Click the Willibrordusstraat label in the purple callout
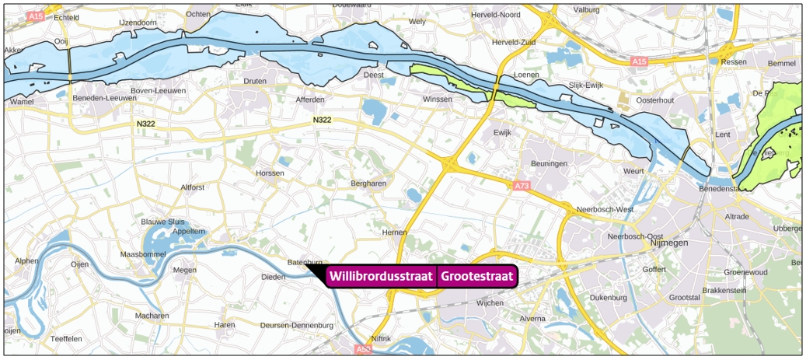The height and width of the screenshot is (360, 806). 381,276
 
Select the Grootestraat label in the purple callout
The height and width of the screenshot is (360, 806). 477,276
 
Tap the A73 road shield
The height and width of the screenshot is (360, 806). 521,186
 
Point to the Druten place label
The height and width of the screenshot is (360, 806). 255,81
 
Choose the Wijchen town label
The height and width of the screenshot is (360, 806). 490,302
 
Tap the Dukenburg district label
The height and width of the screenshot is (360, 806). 608,297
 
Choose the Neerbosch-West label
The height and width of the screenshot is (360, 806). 605,209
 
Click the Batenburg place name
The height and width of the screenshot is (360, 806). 304,262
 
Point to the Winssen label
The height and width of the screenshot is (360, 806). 437,100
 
